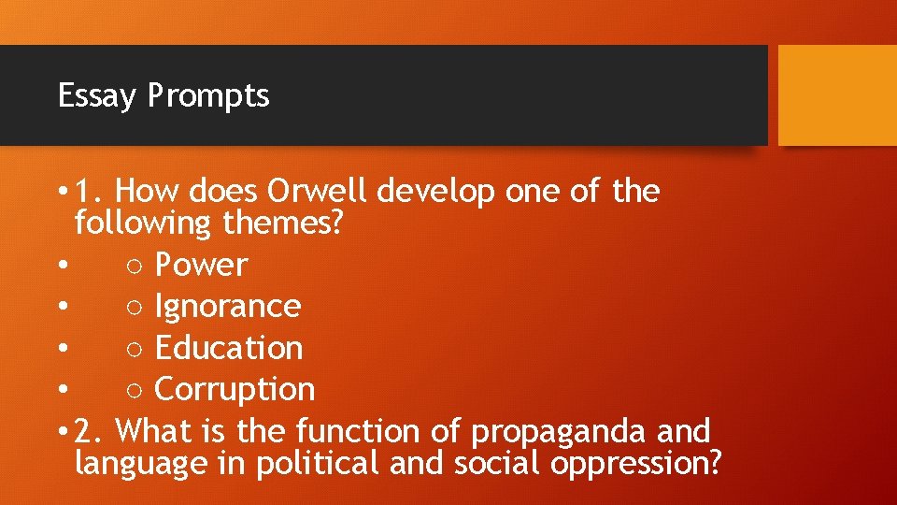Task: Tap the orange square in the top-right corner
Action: click(x=837, y=95)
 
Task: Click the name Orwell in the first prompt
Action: click(x=320, y=192)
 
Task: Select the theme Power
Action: click(x=201, y=266)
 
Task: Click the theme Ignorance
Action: click(x=227, y=307)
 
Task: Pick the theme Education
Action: click(x=228, y=348)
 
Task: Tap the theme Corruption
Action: click(x=234, y=390)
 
